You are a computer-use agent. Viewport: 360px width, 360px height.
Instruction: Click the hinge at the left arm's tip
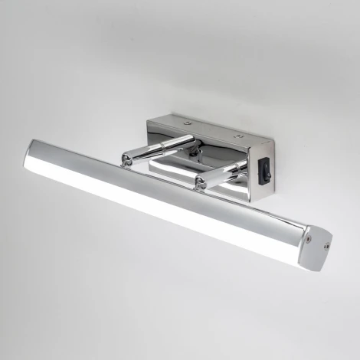click(x=126, y=159)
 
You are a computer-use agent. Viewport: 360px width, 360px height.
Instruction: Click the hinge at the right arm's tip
click(x=201, y=182)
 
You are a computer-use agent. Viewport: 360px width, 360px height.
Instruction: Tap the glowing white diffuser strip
click(x=153, y=207)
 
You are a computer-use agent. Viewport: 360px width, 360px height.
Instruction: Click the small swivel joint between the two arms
click(x=198, y=153)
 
